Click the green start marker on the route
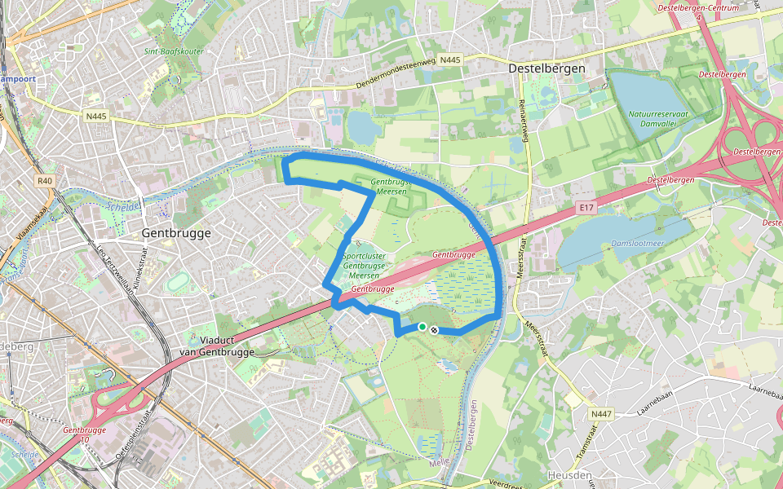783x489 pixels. pos(422,327)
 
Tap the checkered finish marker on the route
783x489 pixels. pos(434,330)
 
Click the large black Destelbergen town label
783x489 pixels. pos(546,69)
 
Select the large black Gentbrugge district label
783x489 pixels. pos(176,233)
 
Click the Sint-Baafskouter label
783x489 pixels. pos(174,51)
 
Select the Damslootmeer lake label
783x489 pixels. pos(637,244)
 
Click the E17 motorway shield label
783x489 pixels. pos(584,209)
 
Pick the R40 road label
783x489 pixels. pos(44,181)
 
